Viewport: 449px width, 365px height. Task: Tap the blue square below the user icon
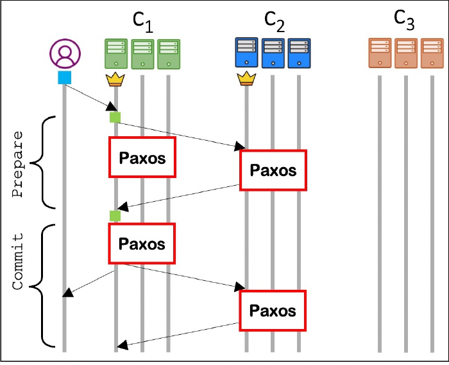point(64,78)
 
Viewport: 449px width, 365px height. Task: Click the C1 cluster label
point(143,22)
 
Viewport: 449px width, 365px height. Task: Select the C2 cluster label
point(275,22)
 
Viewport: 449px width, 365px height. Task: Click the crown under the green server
point(115,80)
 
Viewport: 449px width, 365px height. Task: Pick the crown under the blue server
point(246,80)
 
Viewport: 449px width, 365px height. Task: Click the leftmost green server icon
point(116,53)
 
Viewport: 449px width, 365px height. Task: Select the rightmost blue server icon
point(299,53)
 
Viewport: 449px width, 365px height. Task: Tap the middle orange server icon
point(405,53)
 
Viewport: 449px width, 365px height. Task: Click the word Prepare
point(19,165)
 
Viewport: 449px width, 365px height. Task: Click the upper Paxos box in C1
point(141,157)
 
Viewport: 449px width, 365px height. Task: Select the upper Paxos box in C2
point(273,170)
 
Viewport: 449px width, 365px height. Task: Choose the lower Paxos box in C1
point(141,244)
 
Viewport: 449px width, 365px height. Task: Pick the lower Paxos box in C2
point(273,310)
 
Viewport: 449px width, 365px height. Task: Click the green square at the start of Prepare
point(115,117)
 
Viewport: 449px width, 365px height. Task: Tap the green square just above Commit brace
point(115,215)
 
